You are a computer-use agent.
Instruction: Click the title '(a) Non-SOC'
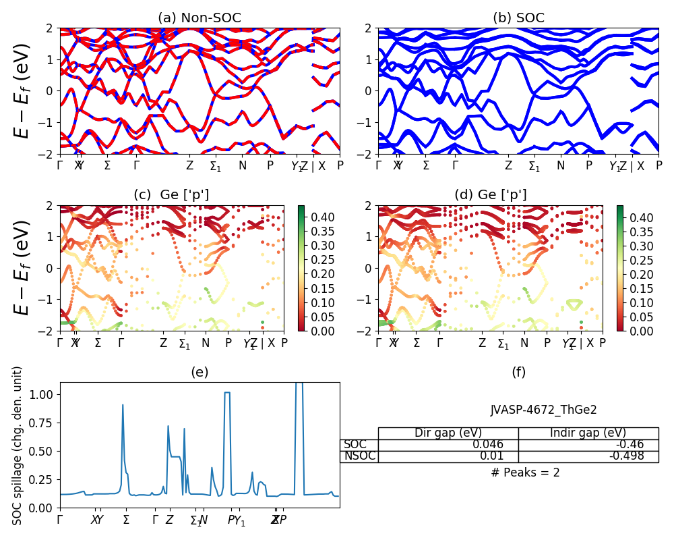200,18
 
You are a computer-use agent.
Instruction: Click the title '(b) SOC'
518,18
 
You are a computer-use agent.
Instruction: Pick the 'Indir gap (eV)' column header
588,433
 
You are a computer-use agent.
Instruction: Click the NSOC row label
359,456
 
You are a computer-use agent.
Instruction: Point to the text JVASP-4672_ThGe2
543,410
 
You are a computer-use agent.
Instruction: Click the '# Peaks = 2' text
525,473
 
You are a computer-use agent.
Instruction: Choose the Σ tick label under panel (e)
126,520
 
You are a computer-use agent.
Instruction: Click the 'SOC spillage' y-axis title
18,446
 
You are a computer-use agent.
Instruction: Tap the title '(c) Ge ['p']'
171,195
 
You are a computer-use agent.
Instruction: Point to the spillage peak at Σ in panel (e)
123,405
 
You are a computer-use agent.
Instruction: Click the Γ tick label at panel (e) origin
60,520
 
